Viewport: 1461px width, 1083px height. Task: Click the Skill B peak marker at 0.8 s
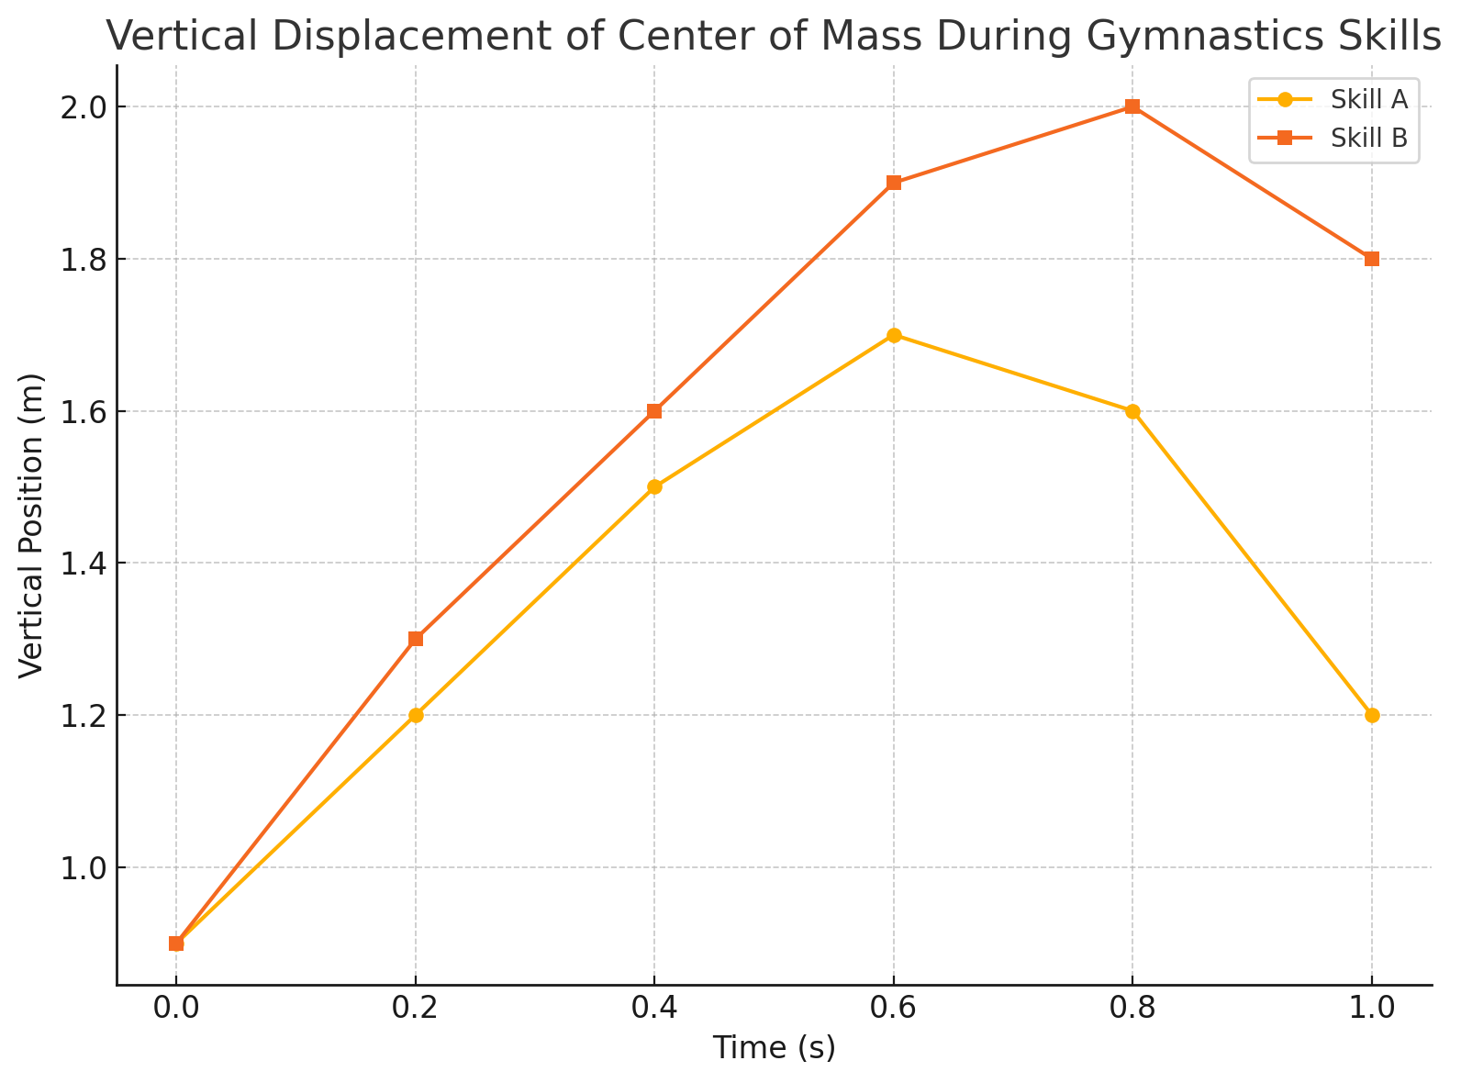[x=1132, y=106]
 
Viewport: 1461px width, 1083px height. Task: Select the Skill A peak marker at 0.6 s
[x=894, y=335]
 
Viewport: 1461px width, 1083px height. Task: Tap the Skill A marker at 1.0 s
[x=1372, y=715]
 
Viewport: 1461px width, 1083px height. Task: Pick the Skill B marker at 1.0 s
[x=1372, y=259]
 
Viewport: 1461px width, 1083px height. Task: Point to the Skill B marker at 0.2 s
[x=416, y=639]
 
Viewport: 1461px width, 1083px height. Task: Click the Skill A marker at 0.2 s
[x=416, y=715]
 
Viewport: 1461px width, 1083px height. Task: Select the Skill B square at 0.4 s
[x=654, y=411]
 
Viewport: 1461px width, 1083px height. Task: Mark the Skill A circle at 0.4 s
[x=654, y=486]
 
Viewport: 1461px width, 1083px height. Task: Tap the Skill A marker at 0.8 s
[x=1132, y=411]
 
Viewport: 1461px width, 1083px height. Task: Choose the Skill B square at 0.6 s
[x=894, y=183]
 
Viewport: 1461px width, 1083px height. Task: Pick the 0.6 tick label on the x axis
[x=894, y=1010]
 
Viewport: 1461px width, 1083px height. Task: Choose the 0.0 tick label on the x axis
[x=176, y=1010]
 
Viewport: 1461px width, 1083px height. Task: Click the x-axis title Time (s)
[x=775, y=1048]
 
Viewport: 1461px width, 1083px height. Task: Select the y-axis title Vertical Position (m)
[x=31, y=525]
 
